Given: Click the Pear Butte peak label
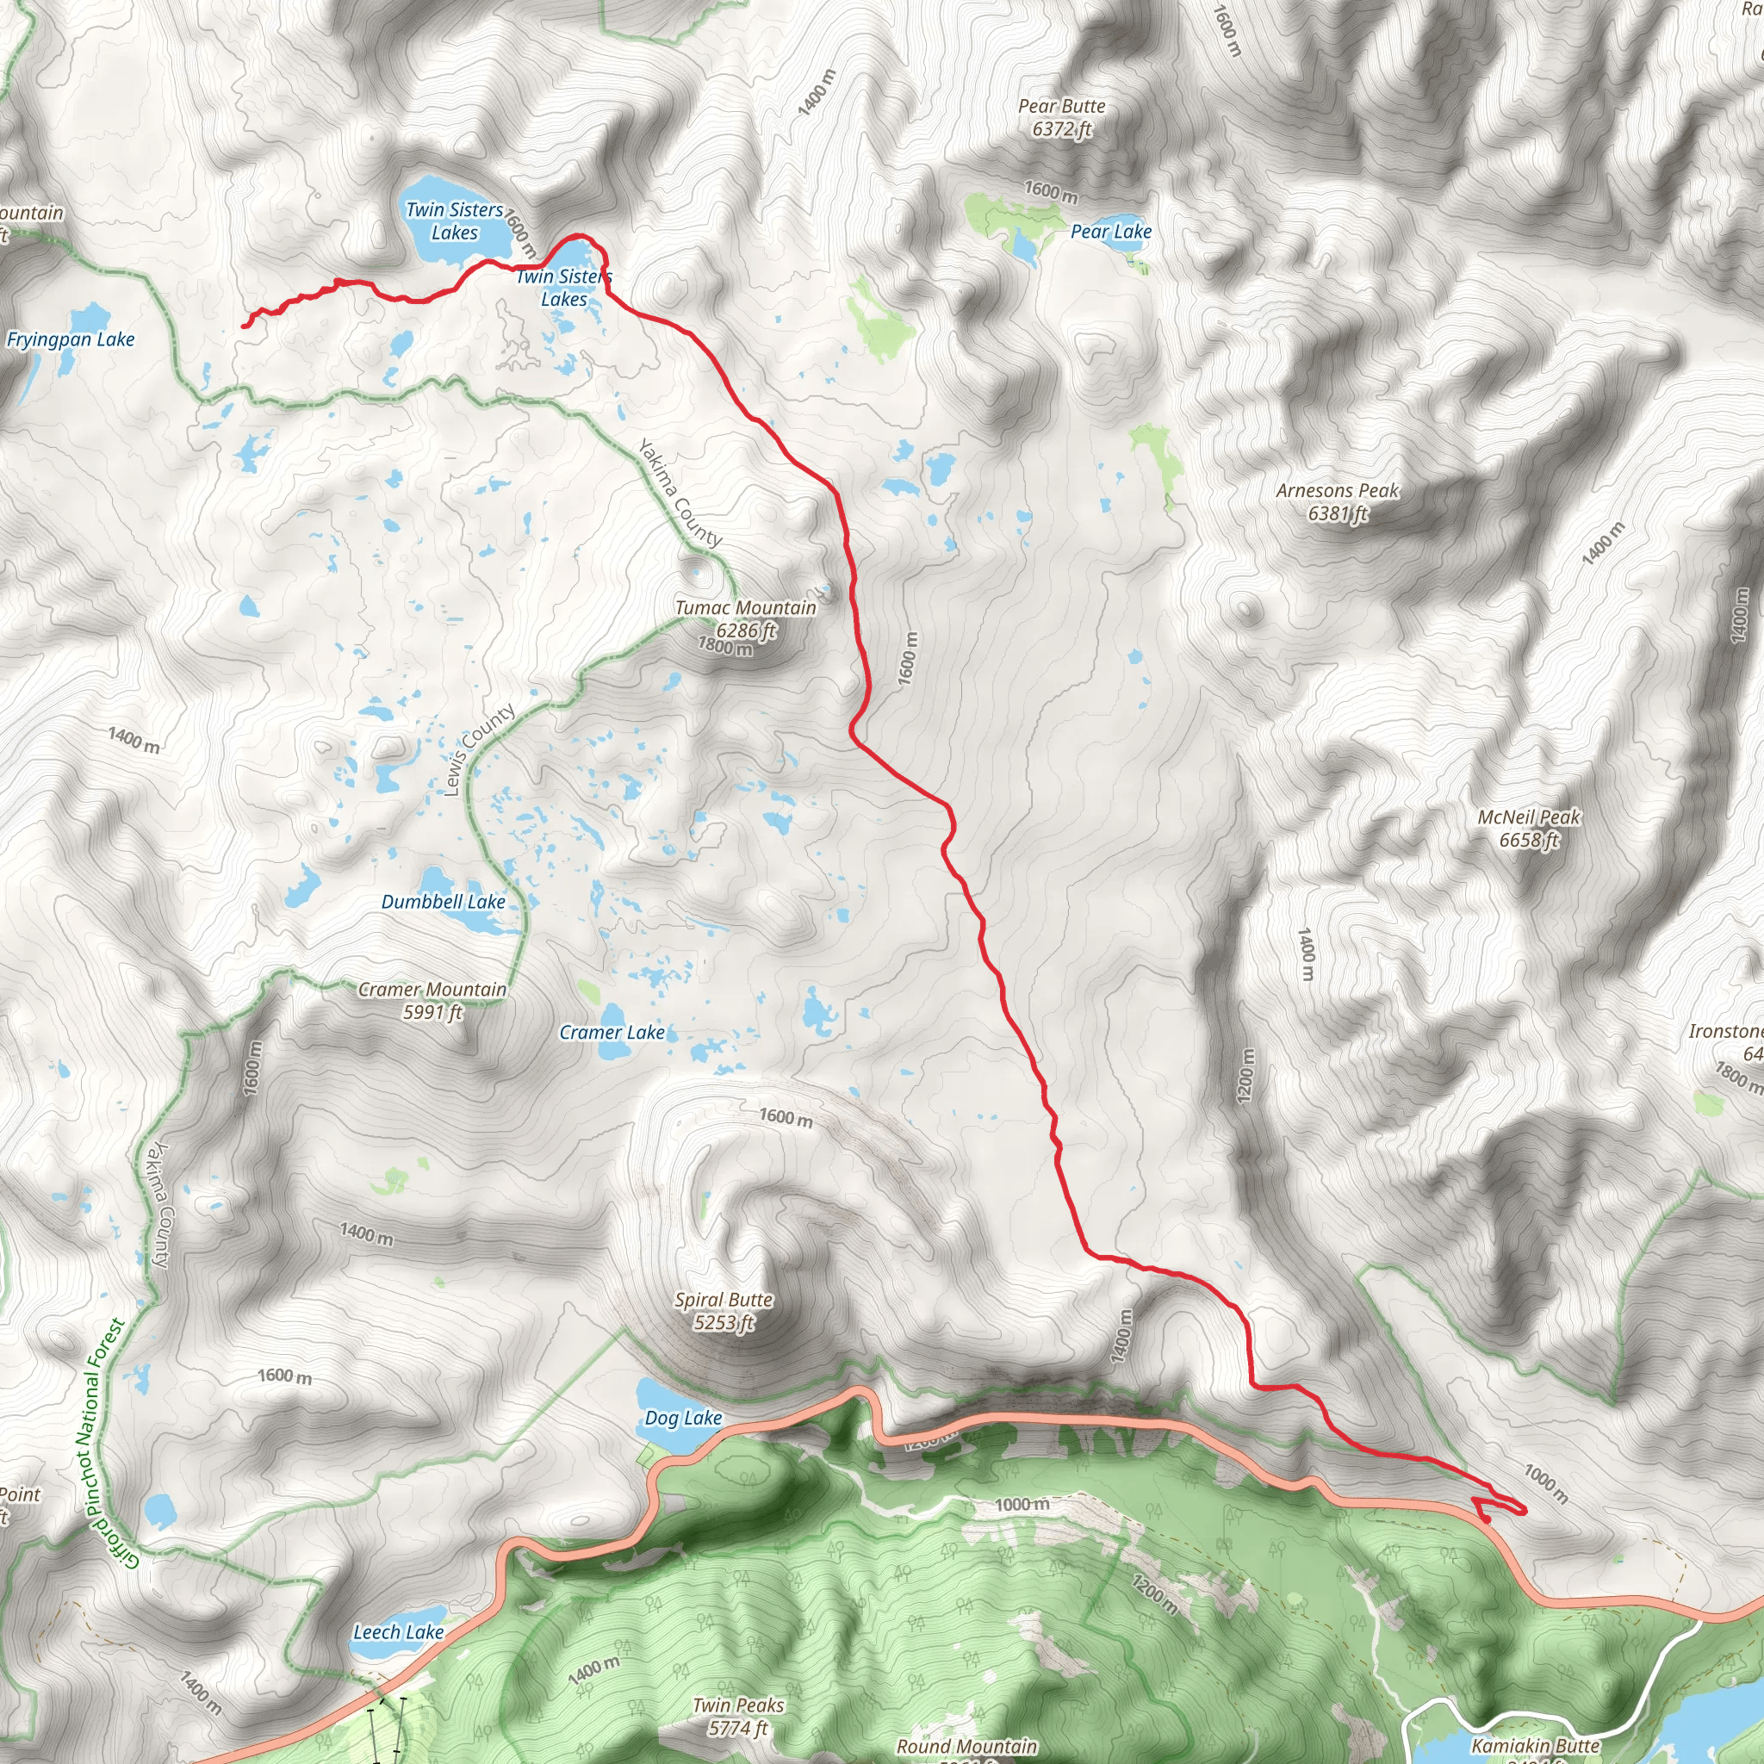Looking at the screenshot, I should click(1061, 118).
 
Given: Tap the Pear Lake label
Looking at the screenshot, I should click(1110, 232).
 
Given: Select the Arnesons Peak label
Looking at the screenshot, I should click(1337, 502).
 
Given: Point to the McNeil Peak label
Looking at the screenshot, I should click(1529, 828).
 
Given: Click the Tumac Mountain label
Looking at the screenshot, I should click(745, 618).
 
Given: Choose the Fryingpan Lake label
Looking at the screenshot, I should click(71, 339).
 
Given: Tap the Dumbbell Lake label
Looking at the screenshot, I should click(443, 902).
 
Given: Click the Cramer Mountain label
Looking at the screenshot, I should click(432, 1001).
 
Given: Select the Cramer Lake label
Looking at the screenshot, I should click(612, 1033).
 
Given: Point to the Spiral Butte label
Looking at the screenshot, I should click(724, 1311).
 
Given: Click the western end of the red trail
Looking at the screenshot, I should click(243, 326).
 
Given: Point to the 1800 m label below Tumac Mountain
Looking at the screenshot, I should click(725, 647).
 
